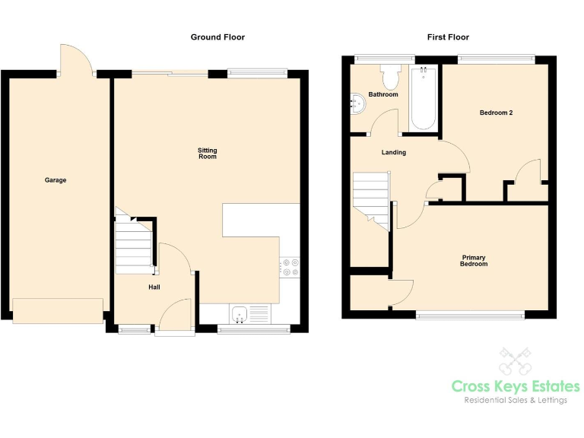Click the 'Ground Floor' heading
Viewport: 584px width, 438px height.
217,37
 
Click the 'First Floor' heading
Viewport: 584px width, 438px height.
448,37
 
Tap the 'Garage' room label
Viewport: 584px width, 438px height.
55,180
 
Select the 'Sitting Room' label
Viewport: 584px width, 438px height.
207,154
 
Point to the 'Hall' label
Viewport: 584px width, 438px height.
154,287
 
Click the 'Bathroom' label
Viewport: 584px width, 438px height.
382,95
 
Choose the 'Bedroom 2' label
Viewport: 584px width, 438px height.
496,113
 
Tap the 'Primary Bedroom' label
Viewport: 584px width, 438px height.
474,261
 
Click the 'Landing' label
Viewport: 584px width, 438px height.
393,153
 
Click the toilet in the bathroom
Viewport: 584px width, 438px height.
392,75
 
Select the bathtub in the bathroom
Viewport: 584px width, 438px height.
423,99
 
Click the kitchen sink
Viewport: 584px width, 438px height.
240,313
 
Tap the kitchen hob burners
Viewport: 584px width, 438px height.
290,266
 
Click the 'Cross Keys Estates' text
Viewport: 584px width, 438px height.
515,387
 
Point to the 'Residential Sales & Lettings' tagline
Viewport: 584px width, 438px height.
515,401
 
